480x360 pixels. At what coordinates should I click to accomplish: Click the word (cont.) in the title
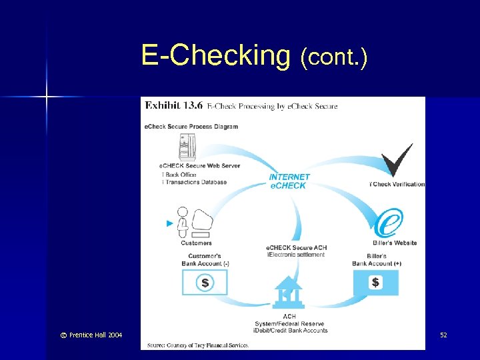[333, 58]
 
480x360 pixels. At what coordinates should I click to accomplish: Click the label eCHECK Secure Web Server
[199, 165]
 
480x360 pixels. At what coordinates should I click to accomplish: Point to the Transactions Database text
[195, 182]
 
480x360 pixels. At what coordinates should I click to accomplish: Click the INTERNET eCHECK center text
[289, 181]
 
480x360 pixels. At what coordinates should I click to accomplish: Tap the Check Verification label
[398, 184]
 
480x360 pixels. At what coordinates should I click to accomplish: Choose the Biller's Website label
[395, 243]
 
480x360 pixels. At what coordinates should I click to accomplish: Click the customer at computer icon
[196, 223]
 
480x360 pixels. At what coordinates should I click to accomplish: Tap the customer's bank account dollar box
[205, 283]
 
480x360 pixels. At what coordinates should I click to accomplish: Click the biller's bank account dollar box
[376, 283]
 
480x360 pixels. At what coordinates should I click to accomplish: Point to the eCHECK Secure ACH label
[296, 248]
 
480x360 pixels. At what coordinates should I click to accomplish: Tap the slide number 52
[443, 335]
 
